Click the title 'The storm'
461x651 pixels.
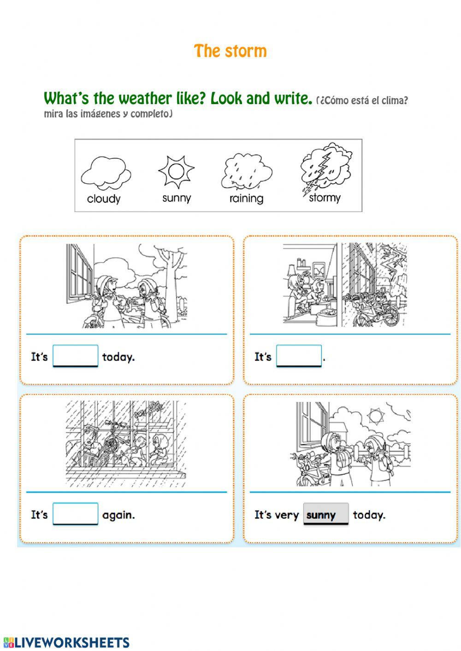pos(230,51)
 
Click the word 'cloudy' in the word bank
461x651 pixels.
pos(104,199)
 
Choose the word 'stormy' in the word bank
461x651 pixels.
pos(325,198)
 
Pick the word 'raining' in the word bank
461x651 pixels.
pos(246,199)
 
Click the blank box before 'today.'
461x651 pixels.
pos(76,356)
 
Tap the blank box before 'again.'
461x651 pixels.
pos(76,514)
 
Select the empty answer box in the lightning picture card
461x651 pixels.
pos(299,356)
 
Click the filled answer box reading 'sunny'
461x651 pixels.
pos(325,514)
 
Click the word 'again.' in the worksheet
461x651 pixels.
pos(118,515)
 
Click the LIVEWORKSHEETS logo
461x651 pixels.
pos(66,642)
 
